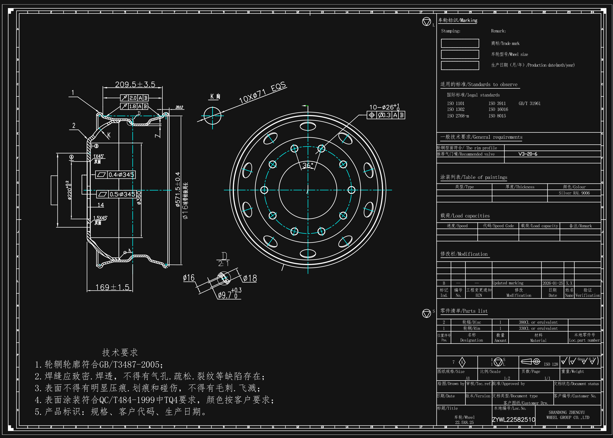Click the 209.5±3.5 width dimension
pos(135,84)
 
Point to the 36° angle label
pos(308,165)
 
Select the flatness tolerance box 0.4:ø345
pos(116,175)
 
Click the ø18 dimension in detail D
pos(250,278)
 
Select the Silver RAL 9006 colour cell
pos(574,193)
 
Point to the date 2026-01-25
pos(553,283)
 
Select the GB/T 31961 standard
pos(529,103)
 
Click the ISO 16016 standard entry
pos(498,109)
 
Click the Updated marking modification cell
pos(508,283)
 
